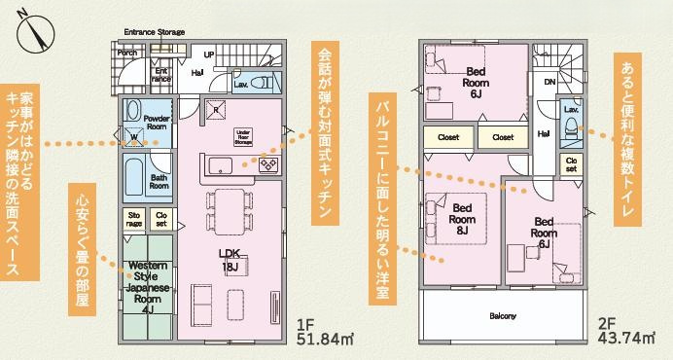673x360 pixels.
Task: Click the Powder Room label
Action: (157, 122)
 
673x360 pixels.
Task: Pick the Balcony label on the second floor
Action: (503, 316)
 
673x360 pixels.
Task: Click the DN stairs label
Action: (549, 82)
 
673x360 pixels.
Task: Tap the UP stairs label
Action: (208, 54)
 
